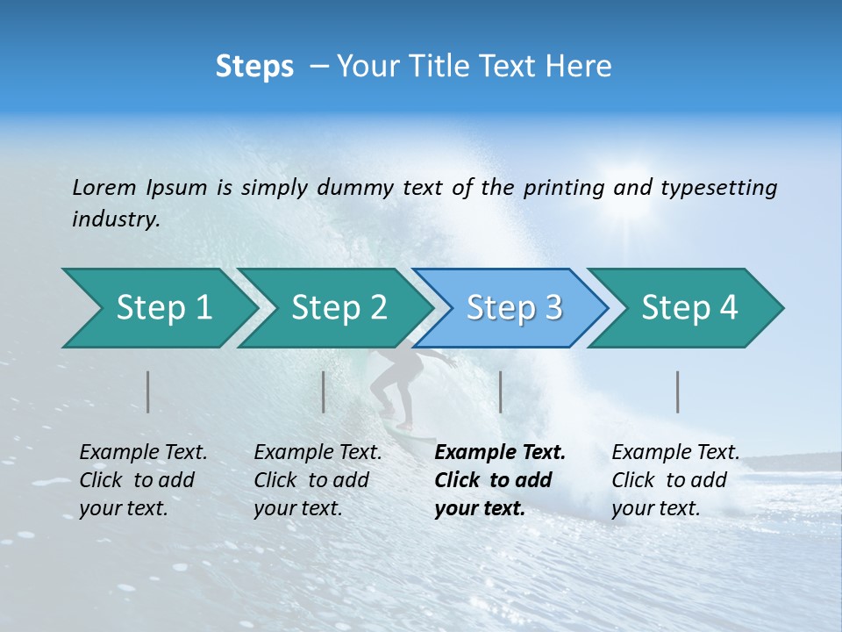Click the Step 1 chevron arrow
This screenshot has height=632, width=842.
pyautogui.click(x=158, y=307)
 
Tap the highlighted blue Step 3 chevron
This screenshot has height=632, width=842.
pyautogui.click(x=512, y=307)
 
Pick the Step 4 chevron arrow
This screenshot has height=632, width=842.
pyautogui.click(x=689, y=307)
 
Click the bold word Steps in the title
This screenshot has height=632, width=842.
pyautogui.click(x=254, y=66)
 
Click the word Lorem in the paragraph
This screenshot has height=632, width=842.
pyautogui.click(x=104, y=187)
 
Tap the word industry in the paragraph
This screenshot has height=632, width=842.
pyautogui.click(x=115, y=219)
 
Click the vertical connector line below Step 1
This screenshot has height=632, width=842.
pyautogui.click(x=148, y=391)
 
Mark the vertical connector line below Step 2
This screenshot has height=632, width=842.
pyautogui.click(x=324, y=391)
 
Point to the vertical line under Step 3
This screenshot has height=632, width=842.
pyautogui.click(x=500, y=391)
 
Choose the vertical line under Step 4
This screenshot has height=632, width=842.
pyautogui.click(x=678, y=391)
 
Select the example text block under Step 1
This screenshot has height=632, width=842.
pyautogui.click(x=143, y=480)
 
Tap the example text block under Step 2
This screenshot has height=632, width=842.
pyautogui.click(x=318, y=480)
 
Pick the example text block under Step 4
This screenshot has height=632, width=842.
pyautogui.click(x=675, y=480)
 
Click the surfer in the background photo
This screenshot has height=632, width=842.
pyautogui.click(x=400, y=386)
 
